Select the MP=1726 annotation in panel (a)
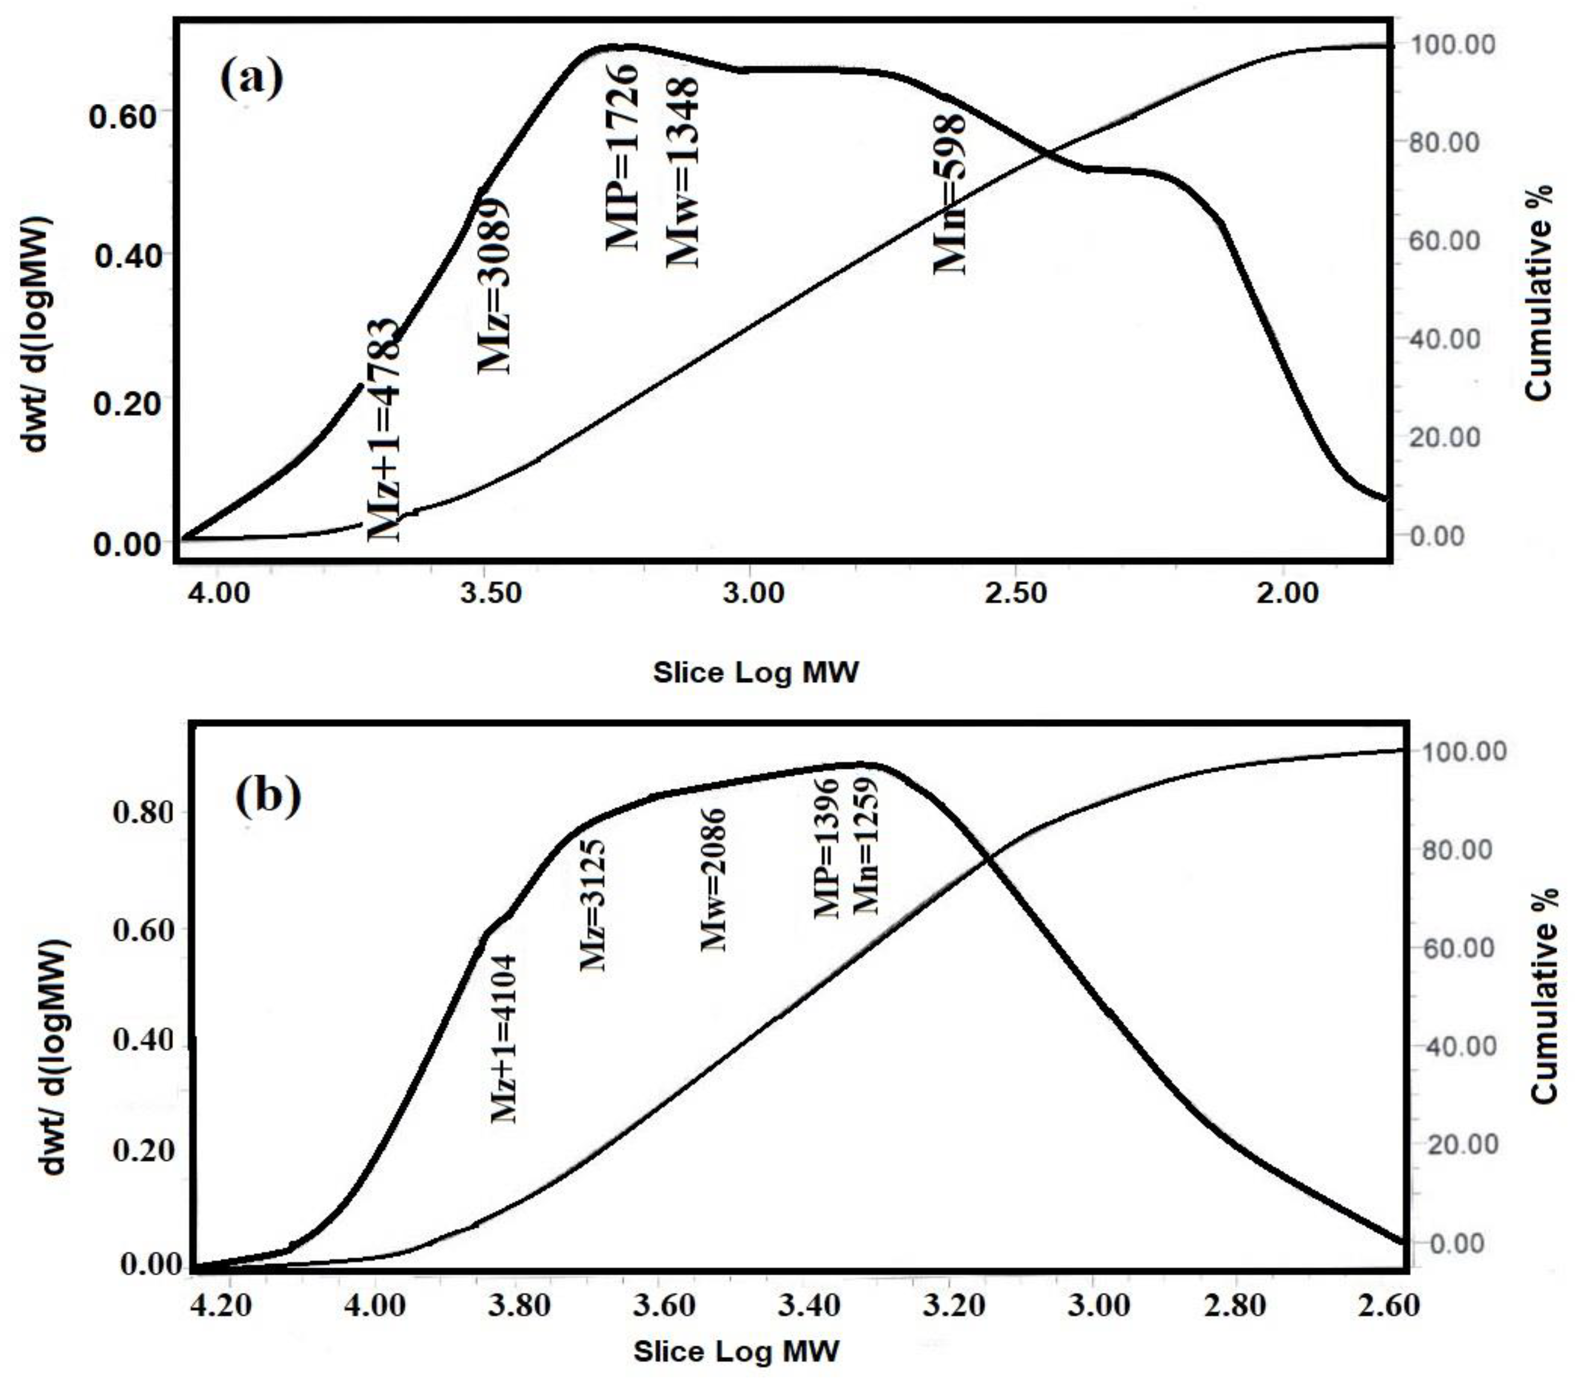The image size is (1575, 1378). tap(621, 157)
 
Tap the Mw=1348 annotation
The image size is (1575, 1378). tap(682, 171)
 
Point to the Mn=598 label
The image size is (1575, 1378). tap(949, 195)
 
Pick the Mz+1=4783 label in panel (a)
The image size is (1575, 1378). tap(383, 431)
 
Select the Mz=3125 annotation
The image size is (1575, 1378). tap(592, 905)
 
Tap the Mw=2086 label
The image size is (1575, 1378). tap(714, 880)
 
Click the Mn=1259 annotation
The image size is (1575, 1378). tap(866, 846)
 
